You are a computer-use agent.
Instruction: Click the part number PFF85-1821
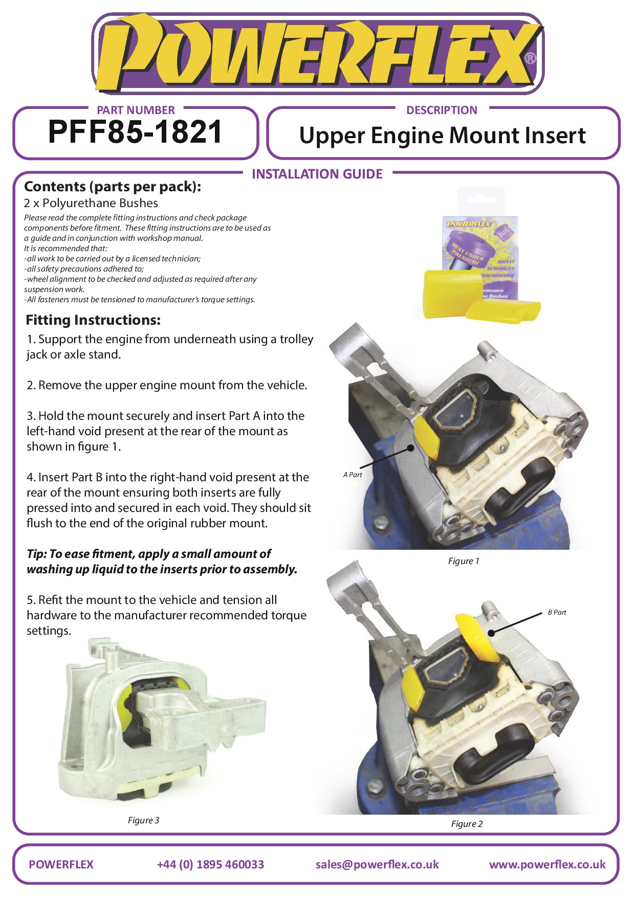[x=135, y=132]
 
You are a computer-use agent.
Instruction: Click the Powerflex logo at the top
[x=317, y=54]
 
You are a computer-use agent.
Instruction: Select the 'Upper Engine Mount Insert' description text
[x=443, y=136]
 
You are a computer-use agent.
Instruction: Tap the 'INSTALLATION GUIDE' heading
[x=317, y=174]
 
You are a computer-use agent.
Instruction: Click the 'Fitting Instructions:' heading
[x=93, y=320]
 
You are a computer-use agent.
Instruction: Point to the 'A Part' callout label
[x=353, y=475]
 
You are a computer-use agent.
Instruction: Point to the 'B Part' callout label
[x=557, y=612]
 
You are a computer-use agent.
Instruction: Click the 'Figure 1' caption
[x=464, y=561]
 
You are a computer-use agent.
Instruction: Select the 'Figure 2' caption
[x=467, y=824]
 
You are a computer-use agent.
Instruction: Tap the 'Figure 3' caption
[x=143, y=820]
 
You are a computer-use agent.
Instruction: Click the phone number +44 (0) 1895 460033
[x=210, y=864]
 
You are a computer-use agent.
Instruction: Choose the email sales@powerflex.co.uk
[x=377, y=864]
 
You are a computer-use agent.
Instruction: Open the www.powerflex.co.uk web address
[x=548, y=864]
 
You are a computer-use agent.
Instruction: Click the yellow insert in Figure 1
[x=427, y=436]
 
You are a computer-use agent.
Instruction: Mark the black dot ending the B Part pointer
[x=491, y=633]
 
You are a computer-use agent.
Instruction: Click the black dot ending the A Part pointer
[x=410, y=448]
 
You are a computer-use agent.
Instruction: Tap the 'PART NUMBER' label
[x=136, y=110]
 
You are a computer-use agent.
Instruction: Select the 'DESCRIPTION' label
[x=442, y=110]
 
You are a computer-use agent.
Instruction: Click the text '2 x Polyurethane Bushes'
[x=91, y=203]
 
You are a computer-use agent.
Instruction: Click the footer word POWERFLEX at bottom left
[x=61, y=864]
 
